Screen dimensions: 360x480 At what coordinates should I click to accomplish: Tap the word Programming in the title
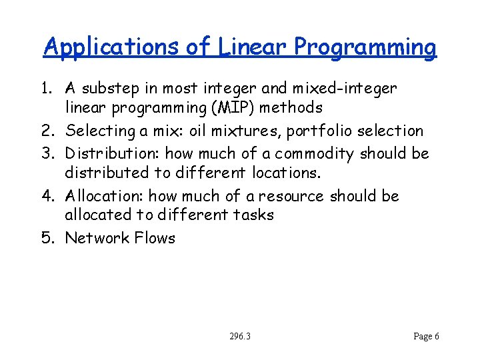point(365,47)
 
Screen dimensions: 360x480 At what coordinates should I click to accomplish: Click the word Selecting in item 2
point(102,131)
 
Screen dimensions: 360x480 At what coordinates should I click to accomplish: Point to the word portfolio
point(313,131)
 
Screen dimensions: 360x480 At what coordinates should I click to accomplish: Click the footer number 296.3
point(239,337)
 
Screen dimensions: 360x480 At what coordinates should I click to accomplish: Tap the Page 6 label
point(426,337)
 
